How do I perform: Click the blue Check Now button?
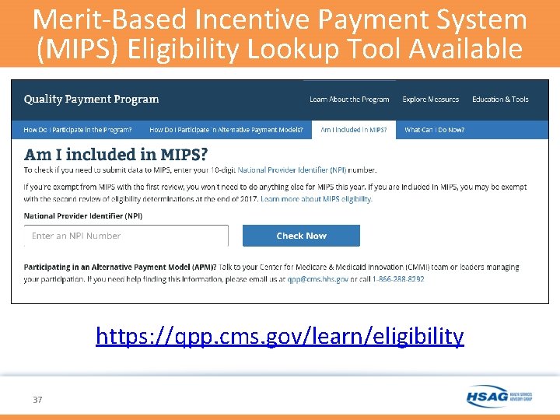[301, 236]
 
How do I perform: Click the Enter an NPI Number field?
[126, 236]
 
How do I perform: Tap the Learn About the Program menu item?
[349, 100]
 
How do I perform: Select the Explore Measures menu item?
[430, 100]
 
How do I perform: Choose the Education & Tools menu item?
[500, 100]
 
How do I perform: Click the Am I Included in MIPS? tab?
[353, 130]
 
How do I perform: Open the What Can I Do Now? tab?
[434, 130]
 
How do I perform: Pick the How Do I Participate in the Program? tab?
[78, 130]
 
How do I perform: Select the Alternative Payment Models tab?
[226, 130]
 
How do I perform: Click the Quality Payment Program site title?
[91, 100]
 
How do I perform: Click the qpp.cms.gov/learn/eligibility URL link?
[279, 336]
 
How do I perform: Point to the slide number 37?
[37, 400]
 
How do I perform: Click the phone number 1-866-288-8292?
[398, 278]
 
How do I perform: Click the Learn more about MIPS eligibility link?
[317, 199]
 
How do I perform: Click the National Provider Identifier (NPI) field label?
[83, 215]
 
